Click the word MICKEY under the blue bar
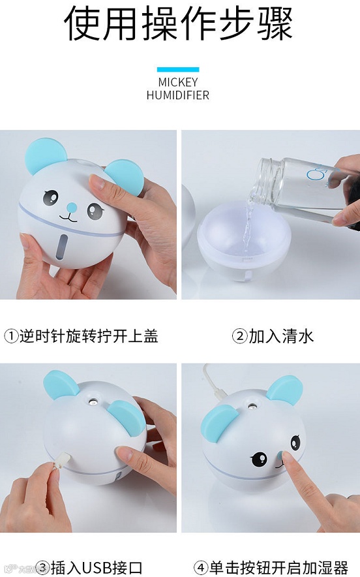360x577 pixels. [178, 82]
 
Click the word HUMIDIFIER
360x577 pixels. [178, 95]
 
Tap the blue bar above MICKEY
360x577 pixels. [178, 70]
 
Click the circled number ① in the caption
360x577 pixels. [11, 336]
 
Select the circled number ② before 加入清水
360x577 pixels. [240, 336]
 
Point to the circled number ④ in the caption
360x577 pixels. [201, 567]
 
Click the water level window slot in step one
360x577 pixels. [64, 245]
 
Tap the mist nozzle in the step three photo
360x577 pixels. [94, 402]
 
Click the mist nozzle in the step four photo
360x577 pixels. [253, 407]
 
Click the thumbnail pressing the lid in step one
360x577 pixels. [97, 182]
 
